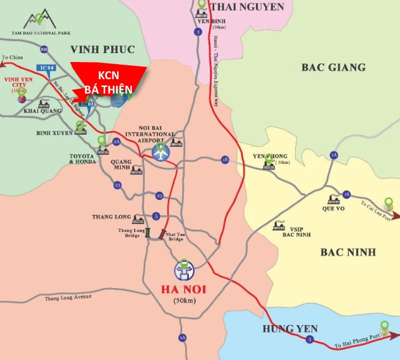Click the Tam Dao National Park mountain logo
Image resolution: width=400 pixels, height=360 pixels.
coord(39,20)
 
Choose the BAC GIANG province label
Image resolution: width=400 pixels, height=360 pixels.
coord(334,67)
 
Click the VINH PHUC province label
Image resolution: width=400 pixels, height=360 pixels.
coord(102,49)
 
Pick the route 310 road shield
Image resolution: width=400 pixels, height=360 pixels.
coord(44,50)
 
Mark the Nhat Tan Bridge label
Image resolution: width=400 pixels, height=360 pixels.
coord(177,236)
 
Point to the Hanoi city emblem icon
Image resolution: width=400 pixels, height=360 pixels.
coord(183,271)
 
